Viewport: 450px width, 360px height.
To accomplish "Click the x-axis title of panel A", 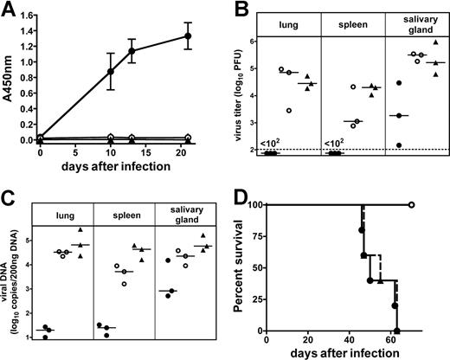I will pos(112,165).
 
